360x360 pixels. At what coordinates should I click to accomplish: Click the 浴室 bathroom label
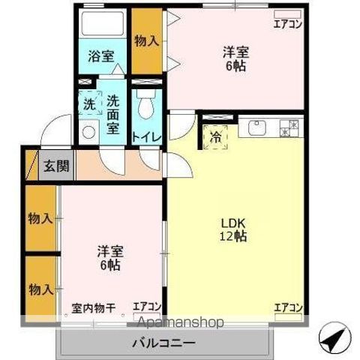click(x=100, y=55)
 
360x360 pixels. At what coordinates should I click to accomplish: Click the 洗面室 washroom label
click(x=112, y=112)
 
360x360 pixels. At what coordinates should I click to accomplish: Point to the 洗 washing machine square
click(x=89, y=104)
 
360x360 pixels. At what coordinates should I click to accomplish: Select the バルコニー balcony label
click(x=165, y=343)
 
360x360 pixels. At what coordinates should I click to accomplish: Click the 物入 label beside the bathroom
click(x=145, y=40)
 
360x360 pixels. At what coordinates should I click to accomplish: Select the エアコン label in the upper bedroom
click(x=286, y=24)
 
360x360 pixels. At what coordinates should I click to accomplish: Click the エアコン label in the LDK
click(x=288, y=307)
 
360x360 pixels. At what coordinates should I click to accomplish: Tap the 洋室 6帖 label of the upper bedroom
click(x=235, y=58)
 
